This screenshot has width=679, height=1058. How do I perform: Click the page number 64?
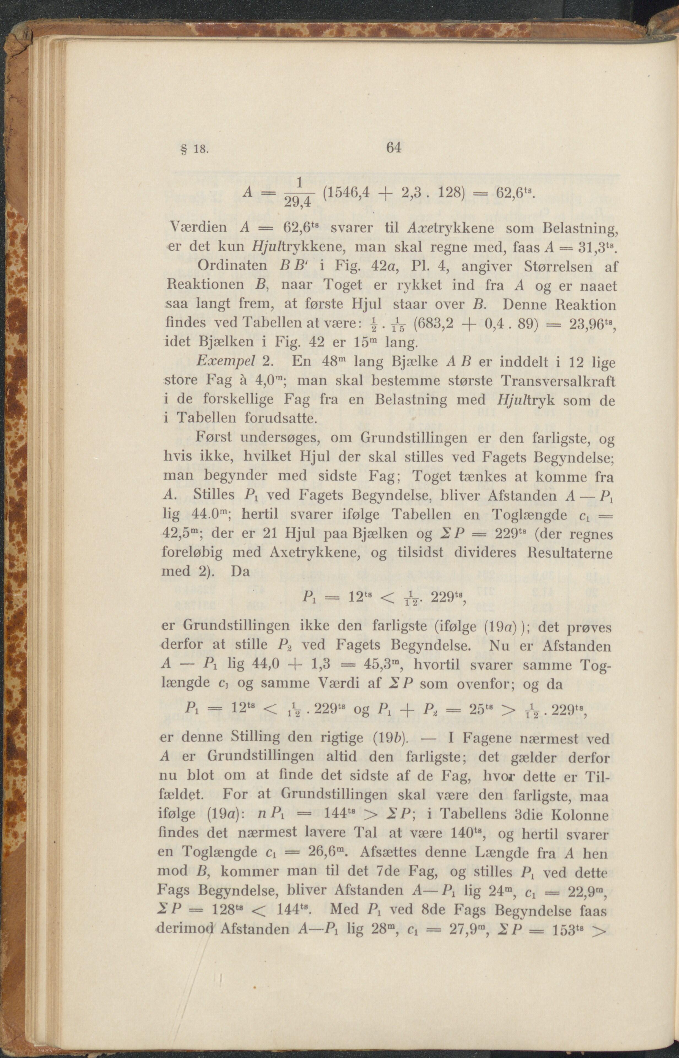pyautogui.click(x=393, y=147)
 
